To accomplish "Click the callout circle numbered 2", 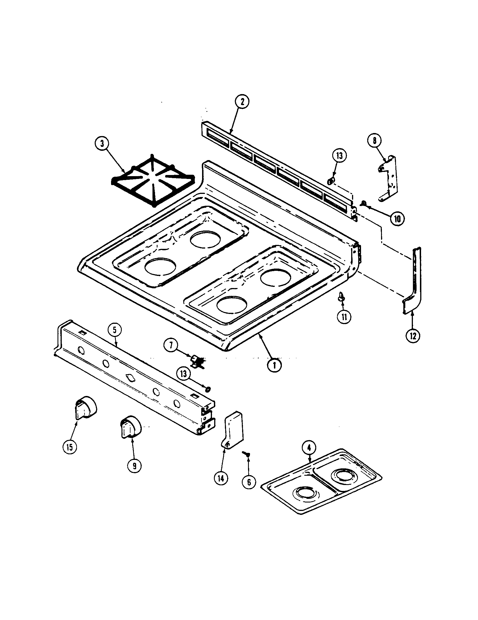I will click(x=242, y=103).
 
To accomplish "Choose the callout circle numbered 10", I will click(x=397, y=219).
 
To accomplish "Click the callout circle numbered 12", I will click(x=413, y=336).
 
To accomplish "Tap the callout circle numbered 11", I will click(x=344, y=317).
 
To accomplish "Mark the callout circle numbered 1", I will click(x=274, y=365).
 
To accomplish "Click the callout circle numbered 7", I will click(x=171, y=346).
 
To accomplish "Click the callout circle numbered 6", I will click(x=249, y=482).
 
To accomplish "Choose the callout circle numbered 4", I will click(x=309, y=448).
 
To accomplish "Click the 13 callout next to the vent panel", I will click(x=340, y=156).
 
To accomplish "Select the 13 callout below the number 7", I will click(x=184, y=374).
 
